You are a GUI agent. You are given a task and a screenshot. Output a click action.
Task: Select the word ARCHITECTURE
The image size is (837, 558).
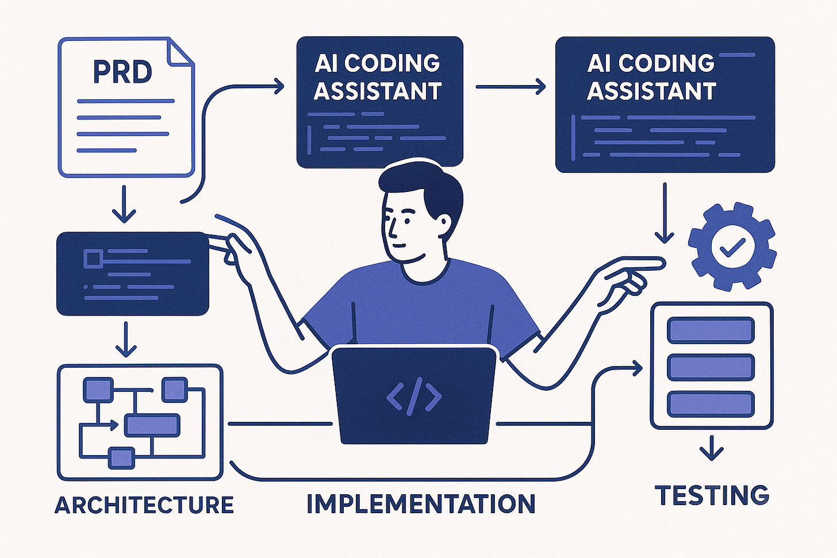click(144, 505)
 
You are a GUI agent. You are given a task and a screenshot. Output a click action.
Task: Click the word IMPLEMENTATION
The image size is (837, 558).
click(421, 503)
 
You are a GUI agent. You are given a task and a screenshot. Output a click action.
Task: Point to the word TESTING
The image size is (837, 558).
click(712, 495)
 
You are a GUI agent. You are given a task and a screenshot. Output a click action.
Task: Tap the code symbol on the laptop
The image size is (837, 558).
click(414, 397)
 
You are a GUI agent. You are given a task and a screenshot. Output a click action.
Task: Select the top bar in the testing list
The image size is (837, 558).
click(710, 330)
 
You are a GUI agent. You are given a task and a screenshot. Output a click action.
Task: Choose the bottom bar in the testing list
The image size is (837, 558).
click(710, 403)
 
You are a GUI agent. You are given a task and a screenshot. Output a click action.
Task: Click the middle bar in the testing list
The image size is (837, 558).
click(710, 367)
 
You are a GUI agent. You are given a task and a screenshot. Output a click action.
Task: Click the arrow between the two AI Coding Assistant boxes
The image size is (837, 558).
click(510, 87)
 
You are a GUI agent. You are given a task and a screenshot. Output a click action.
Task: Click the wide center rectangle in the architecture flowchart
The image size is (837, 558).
click(152, 426)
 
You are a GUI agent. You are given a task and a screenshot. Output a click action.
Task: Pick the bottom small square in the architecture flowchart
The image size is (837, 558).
click(121, 458)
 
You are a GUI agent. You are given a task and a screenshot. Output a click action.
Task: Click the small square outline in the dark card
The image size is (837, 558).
click(91, 259)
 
